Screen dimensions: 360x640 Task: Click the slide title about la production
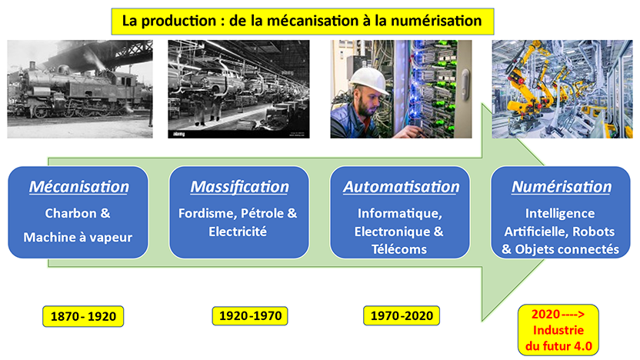coord(301,21)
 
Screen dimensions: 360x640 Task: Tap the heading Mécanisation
coord(78,187)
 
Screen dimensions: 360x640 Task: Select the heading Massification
coord(239,187)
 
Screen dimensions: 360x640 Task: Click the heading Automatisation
coord(401,187)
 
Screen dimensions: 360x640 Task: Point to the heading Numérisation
coord(562,187)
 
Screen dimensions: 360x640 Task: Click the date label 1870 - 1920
coord(83,316)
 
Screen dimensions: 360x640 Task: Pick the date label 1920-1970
coord(248,316)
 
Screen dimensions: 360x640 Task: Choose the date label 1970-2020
coord(400,316)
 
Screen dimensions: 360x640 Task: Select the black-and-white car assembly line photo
coord(238,88)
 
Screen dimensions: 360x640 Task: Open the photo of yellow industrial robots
coord(561,88)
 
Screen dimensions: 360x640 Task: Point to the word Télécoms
coord(400,249)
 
